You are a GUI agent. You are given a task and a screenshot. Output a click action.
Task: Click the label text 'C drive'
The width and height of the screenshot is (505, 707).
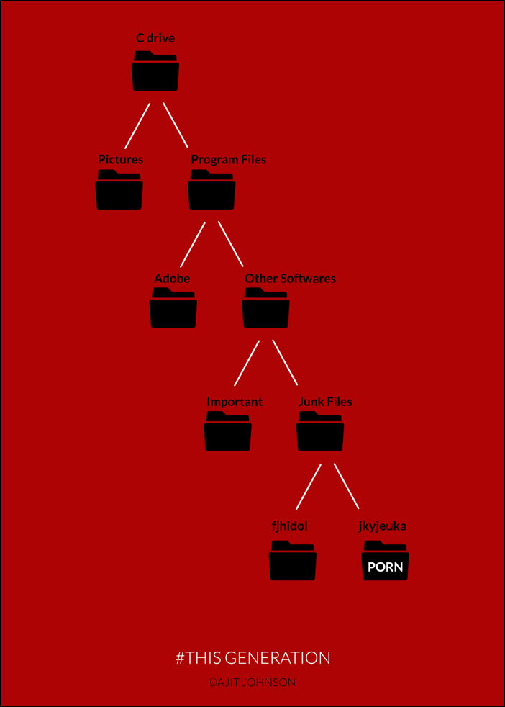pyautogui.click(x=155, y=37)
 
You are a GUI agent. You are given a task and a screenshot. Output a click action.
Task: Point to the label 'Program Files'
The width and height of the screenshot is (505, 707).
pyautogui.click(x=228, y=159)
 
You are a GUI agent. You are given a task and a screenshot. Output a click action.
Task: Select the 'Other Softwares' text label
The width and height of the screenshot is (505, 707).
pyautogui.click(x=290, y=278)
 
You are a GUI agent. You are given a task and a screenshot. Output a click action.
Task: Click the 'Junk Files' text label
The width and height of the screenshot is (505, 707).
pyautogui.click(x=325, y=401)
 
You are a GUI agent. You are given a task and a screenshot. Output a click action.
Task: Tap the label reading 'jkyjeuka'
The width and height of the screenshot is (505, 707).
pyautogui.click(x=382, y=526)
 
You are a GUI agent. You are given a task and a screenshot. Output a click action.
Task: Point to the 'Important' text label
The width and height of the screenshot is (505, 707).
pyautogui.click(x=235, y=401)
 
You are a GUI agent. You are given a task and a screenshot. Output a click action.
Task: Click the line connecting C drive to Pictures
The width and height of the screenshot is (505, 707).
pyautogui.click(x=137, y=126)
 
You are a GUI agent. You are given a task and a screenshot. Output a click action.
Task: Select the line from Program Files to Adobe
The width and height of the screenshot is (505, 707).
pyautogui.click(x=192, y=244)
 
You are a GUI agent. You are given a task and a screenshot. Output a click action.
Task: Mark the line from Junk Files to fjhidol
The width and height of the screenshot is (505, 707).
pyautogui.click(x=308, y=487)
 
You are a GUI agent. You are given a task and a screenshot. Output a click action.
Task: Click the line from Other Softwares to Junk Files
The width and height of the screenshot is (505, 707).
pyautogui.click(x=285, y=363)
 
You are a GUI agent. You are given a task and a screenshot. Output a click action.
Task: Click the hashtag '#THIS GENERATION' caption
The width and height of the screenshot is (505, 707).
pyautogui.click(x=252, y=657)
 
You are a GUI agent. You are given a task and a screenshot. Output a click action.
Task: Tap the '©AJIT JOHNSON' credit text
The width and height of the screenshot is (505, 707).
pyautogui.click(x=252, y=682)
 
